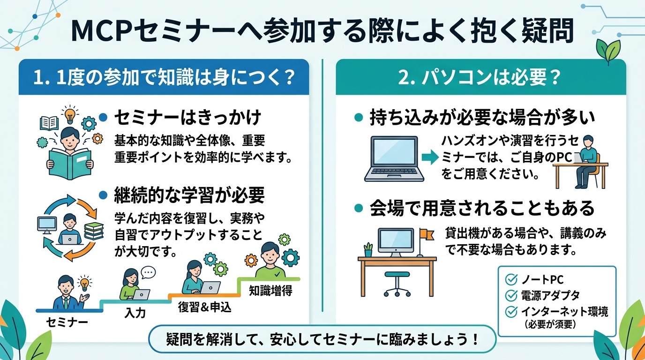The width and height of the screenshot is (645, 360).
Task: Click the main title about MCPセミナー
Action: tap(322, 31)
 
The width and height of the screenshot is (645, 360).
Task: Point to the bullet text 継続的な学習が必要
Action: tap(189, 195)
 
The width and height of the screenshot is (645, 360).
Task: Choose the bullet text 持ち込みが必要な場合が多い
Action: tap(482, 117)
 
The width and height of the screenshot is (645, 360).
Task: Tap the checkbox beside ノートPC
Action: tap(510, 280)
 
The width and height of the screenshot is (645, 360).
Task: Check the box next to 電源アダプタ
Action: tap(510, 295)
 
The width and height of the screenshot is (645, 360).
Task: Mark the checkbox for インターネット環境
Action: tap(510, 311)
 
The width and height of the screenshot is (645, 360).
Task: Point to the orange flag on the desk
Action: tap(427, 232)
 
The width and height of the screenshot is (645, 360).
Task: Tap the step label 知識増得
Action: tap(270, 291)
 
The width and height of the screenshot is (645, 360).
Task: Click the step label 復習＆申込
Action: tap(204, 307)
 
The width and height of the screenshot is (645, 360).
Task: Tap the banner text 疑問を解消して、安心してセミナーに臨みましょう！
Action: tap(322, 339)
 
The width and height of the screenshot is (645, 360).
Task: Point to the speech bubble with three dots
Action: tap(148, 272)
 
